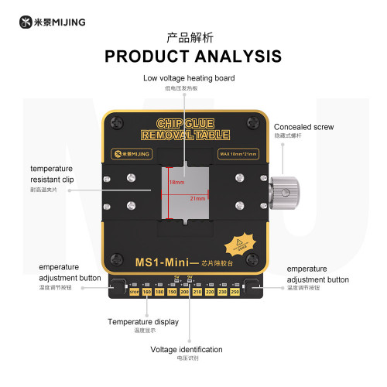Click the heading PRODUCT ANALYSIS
tap(193, 57)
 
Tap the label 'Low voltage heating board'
tap(190, 78)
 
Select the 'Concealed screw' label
tap(303, 126)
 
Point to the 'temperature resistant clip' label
tap(52, 173)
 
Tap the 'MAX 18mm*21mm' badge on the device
tap(238, 153)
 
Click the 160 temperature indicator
tap(147, 293)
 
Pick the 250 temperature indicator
tap(234, 293)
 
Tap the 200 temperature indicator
tap(184, 293)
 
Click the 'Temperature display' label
tap(143, 321)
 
